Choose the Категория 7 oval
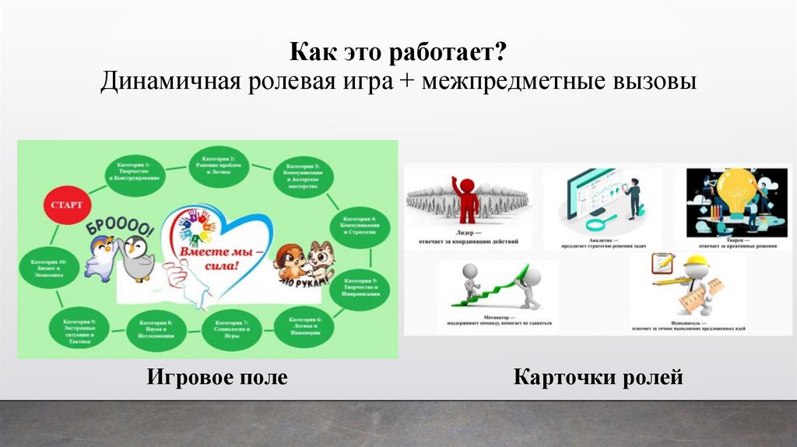[231, 328]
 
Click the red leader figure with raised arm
[468, 199]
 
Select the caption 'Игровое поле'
[216, 378]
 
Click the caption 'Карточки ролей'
[598, 378]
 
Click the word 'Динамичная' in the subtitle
[166, 83]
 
